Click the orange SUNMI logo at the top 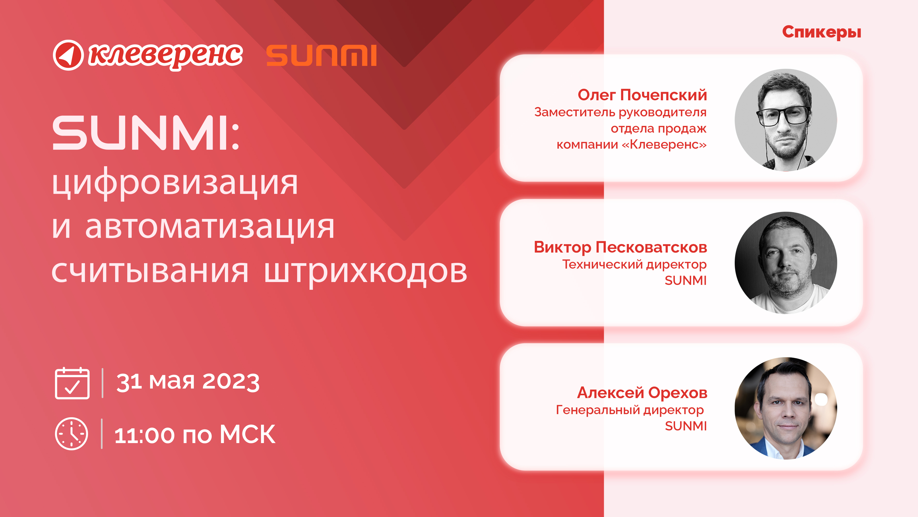coord(321,55)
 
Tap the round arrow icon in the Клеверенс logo coord(68,55)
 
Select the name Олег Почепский coord(642,95)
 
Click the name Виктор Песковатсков coord(620,247)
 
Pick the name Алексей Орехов coord(642,393)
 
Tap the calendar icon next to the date coord(72,383)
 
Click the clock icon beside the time coord(71,434)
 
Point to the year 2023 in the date coord(231,382)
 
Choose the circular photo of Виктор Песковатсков coord(786,263)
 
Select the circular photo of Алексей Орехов coord(786,408)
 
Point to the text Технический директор coord(634,264)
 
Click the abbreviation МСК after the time coord(247,435)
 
